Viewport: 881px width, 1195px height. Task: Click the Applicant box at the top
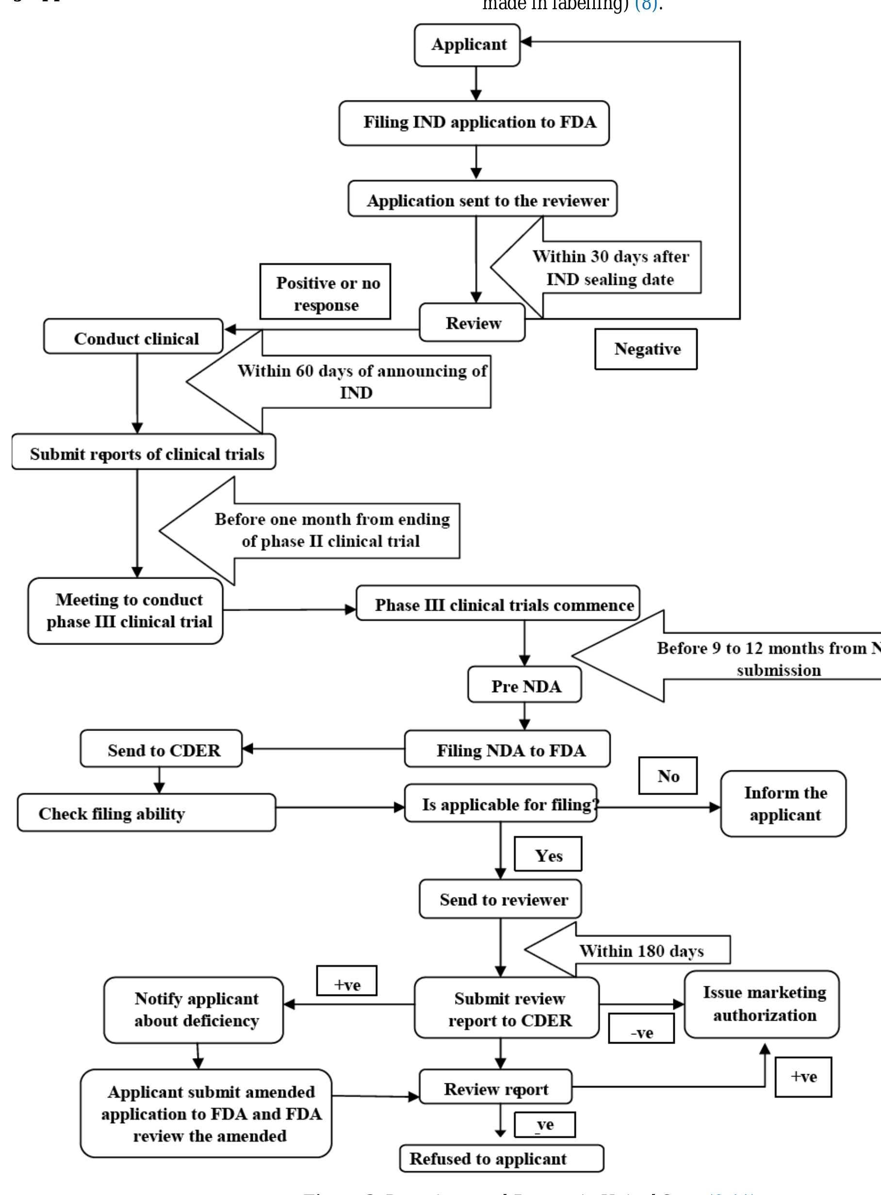click(467, 45)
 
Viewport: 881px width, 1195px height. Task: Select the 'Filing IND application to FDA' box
click(474, 123)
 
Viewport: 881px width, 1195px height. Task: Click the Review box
click(472, 322)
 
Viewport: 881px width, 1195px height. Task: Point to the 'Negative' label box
click(646, 349)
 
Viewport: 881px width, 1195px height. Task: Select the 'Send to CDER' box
click(161, 748)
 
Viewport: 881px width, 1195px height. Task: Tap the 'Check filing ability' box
click(147, 812)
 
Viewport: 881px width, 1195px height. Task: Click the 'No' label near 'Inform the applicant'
click(668, 775)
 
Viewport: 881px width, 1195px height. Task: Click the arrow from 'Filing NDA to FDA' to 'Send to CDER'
click(323, 748)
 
